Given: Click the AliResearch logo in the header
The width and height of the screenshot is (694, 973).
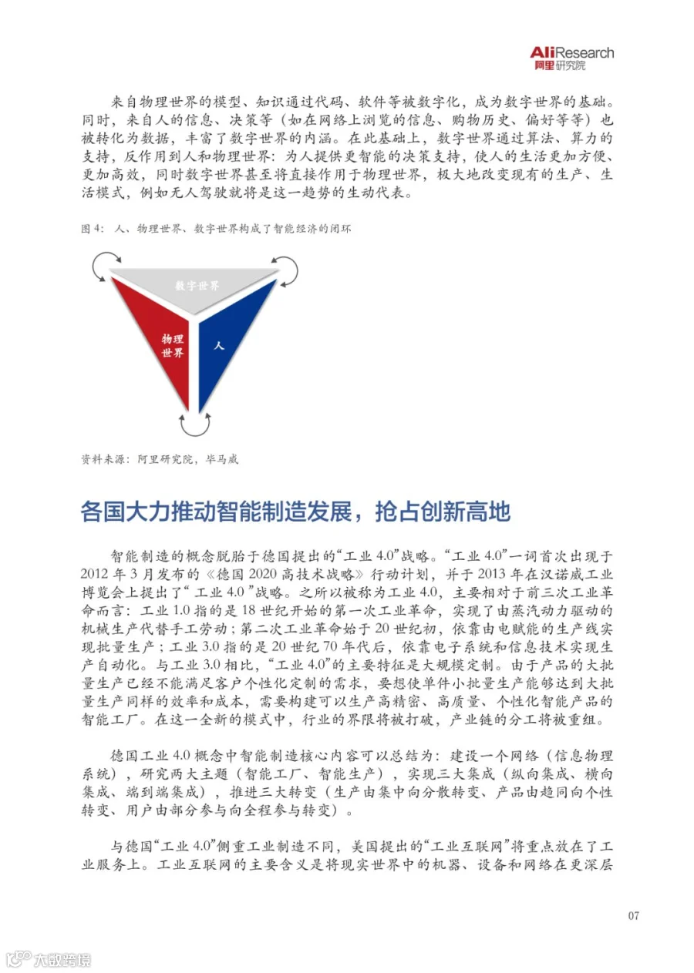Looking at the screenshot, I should (x=572, y=57).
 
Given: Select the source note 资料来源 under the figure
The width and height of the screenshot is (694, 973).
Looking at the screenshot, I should (x=105, y=459).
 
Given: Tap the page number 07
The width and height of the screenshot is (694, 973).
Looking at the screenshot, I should (x=633, y=915).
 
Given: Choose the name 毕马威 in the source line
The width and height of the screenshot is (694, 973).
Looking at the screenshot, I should (x=222, y=459).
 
